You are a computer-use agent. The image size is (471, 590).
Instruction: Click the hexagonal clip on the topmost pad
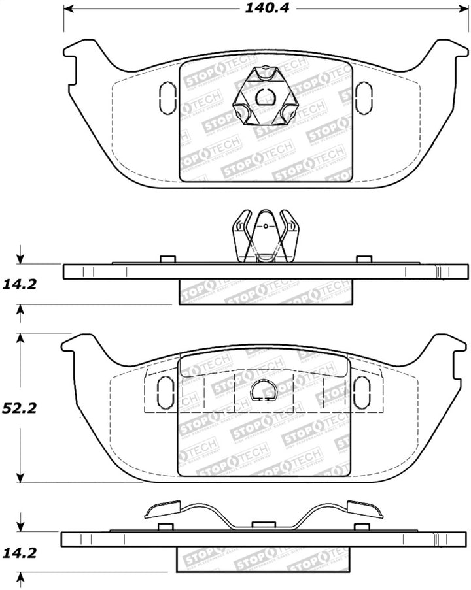(265, 100)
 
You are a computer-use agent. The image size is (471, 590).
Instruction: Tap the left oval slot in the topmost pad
(167, 97)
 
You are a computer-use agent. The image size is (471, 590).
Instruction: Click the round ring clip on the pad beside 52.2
(265, 389)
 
